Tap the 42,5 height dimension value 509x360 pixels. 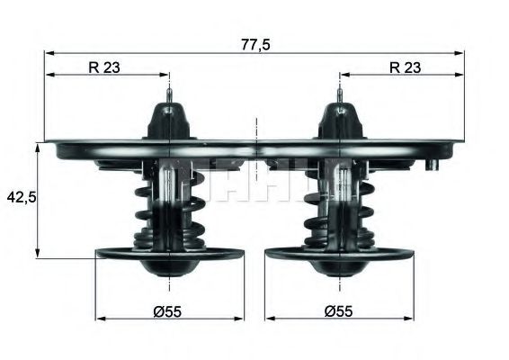pyautogui.click(x=18, y=196)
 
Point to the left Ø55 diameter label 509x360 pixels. pyautogui.click(x=169, y=310)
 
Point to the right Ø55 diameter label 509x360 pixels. pyautogui.click(x=338, y=310)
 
